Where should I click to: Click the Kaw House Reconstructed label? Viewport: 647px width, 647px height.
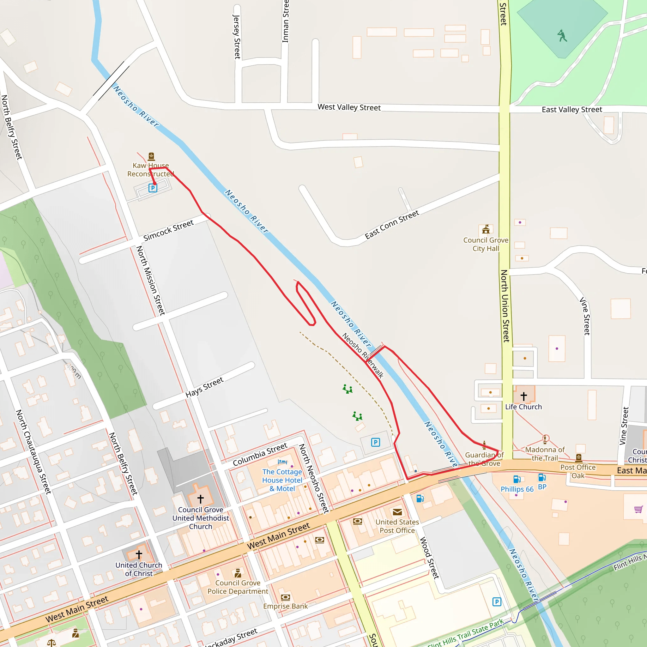point(150,169)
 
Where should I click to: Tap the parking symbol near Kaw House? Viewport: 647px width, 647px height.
point(153,188)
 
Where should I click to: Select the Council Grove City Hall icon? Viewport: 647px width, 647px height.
point(486,229)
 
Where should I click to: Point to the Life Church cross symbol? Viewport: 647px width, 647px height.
point(524,396)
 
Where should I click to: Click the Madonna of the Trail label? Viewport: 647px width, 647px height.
point(545,454)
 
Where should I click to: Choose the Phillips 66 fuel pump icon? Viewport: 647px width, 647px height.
point(517,479)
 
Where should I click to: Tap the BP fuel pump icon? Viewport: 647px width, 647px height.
point(542,477)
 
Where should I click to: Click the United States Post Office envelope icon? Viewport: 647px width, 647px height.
point(397,512)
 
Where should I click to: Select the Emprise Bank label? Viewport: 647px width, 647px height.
point(285,606)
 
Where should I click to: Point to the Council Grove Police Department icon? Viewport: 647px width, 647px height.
point(238,573)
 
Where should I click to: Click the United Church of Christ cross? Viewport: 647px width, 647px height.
point(139,554)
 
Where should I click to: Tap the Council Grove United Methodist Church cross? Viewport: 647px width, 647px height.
point(201,499)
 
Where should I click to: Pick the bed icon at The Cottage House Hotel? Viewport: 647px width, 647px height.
point(282,462)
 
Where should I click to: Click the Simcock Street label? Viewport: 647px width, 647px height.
point(168,230)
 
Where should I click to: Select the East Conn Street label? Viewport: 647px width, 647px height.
point(392,224)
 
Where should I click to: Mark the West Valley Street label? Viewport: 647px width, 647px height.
point(349,107)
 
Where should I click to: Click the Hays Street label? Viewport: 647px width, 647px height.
point(204,387)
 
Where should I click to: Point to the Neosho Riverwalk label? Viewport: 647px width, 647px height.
point(363,355)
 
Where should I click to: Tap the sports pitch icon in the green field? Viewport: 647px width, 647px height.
point(562,35)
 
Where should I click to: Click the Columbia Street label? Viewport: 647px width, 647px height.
point(260,454)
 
